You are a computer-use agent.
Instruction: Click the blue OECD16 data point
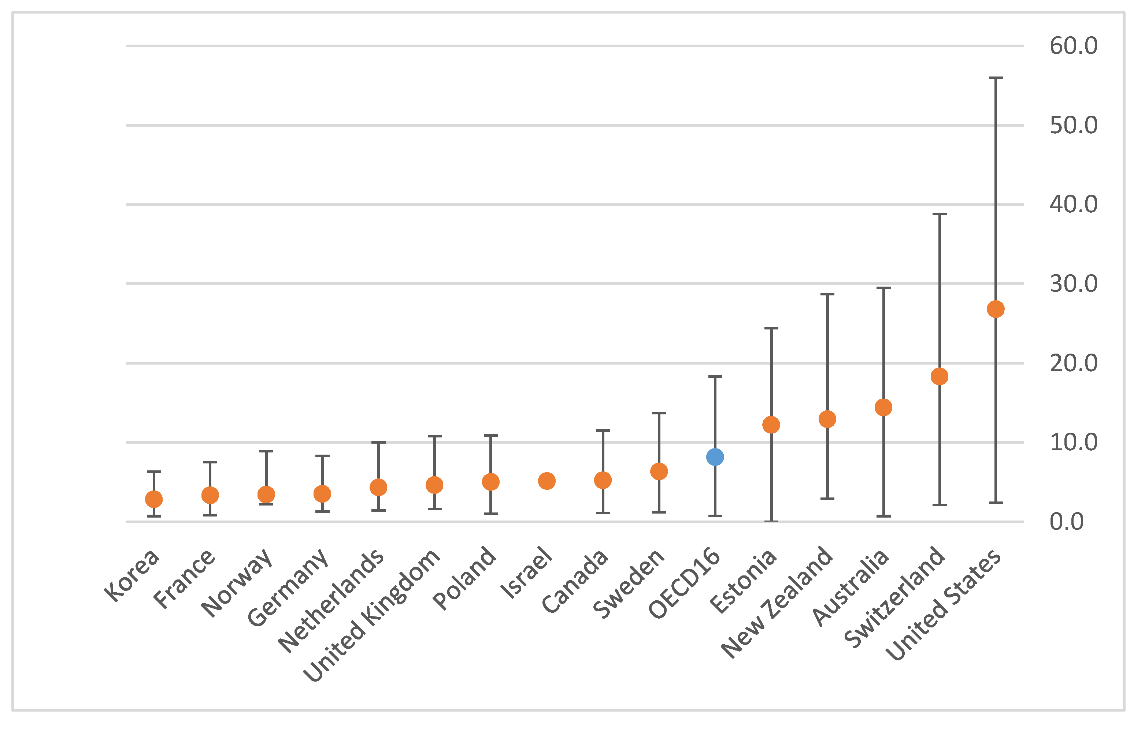click(x=715, y=457)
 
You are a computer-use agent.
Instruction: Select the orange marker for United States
click(x=996, y=309)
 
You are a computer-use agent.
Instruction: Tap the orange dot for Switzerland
click(x=940, y=376)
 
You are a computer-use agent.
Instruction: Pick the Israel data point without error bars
click(x=547, y=481)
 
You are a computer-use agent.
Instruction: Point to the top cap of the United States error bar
click(x=996, y=78)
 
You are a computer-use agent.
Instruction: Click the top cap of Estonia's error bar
click(x=771, y=328)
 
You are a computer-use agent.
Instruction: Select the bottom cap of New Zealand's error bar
click(x=827, y=499)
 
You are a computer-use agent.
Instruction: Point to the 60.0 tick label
click(x=1073, y=46)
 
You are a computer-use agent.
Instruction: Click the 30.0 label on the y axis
click(x=1073, y=284)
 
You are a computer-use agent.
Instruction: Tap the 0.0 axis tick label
click(x=1067, y=521)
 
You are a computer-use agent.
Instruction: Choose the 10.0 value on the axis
click(x=1073, y=443)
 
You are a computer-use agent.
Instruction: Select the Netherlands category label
click(x=331, y=601)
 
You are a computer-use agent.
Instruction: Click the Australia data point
click(x=883, y=407)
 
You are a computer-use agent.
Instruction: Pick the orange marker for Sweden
click(x=659, y=471)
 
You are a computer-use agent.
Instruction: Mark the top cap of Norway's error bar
click(x=266, y=451)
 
